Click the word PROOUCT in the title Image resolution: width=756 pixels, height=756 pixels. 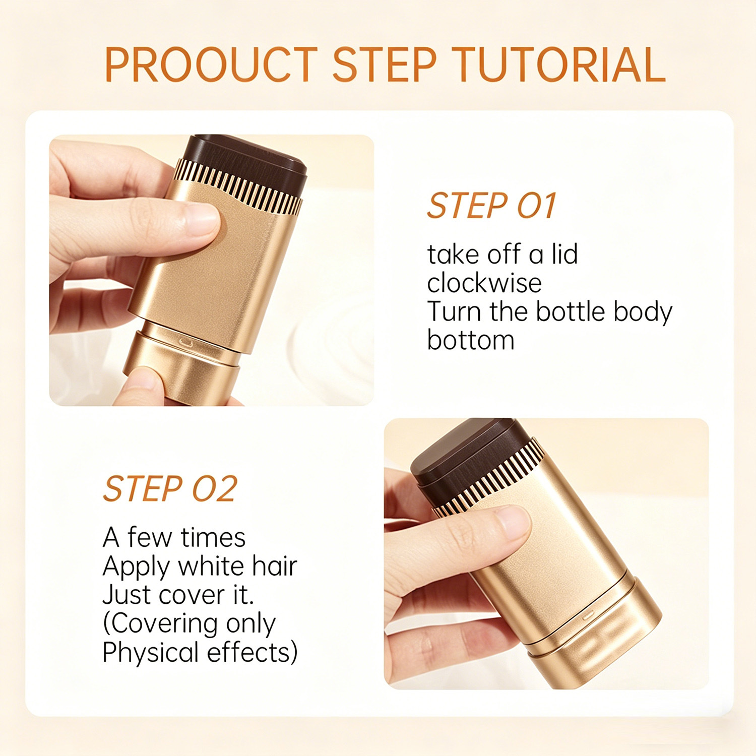click(211, 65)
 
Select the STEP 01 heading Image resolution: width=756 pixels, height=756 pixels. click(492, 206)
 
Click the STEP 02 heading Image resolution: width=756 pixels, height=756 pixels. click(170, 489)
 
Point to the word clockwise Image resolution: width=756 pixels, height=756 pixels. click(484, 283)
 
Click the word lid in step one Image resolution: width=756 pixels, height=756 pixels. click(564, 254)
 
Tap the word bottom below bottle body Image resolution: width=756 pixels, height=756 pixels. click(471, 340)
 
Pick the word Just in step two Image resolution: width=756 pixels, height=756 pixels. click(127, 595)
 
